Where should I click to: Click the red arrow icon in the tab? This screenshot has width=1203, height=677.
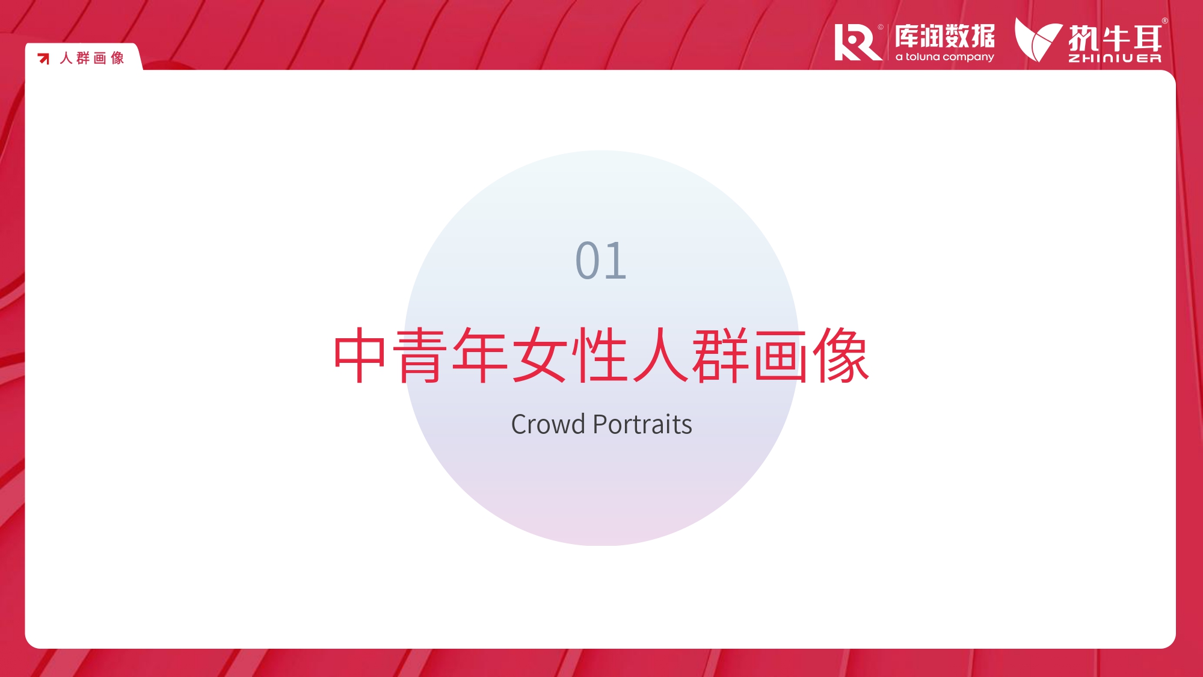click(x=43, y=58)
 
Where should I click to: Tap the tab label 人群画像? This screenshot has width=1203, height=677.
click(x=92, y=58)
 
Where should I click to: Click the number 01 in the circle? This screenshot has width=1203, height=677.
click(x=601, y=261)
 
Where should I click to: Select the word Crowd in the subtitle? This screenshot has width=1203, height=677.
click(x=548, y=424)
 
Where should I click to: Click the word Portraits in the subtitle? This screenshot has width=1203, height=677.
click(x=642, y=424)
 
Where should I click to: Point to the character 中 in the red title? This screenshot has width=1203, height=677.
click(x=360, y=355)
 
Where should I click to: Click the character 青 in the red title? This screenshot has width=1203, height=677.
click(x=420, y=355)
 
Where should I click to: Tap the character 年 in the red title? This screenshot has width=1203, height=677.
click(x=480, y=355)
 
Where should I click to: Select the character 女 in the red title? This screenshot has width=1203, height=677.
click(x=540, y=355)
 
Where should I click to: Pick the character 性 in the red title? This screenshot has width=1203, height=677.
click(x=600, y=355)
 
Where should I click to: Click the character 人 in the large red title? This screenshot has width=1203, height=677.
click(x=660, y=355)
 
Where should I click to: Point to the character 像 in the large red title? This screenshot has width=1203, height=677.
click(x=841, y=355)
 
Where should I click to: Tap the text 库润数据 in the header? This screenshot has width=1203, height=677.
click(x=944, y=36)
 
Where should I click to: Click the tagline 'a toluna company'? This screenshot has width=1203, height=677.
click(x=944, y=57)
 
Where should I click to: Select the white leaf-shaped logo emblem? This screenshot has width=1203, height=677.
click(x=1038, y=40)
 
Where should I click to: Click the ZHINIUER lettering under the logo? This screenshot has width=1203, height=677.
click(x=1115, y=58)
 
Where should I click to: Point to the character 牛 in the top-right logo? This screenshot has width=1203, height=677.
click(x=1115, y=39)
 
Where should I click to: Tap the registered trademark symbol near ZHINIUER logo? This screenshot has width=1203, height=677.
click(x=1165, y=21)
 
